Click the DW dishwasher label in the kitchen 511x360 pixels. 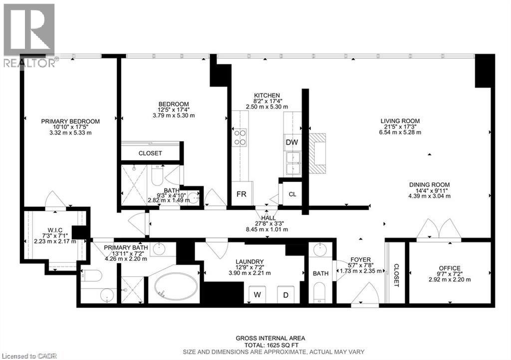point(291,142)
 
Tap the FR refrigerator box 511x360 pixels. point(242,194)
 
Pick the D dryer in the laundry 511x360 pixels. point(286,294)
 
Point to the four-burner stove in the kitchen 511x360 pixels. point(240,137)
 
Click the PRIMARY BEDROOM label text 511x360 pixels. point(70,121)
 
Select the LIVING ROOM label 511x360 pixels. point(400,121)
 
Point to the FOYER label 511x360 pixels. point(360,259)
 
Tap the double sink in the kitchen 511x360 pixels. point(292,161)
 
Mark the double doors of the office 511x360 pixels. point(438,229)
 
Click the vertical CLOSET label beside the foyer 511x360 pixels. point(396,275)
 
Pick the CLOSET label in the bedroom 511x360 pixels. point(150,153)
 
